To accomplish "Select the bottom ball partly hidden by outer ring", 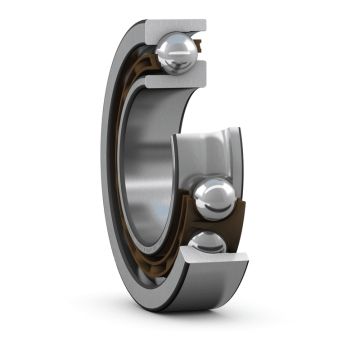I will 206,243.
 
